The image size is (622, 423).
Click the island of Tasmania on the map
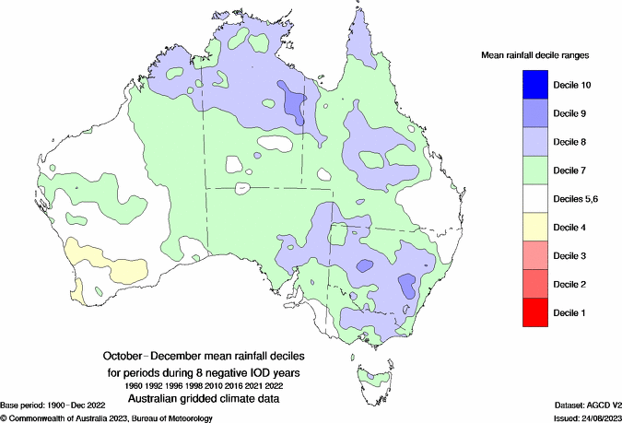pyautogui.click(x=372, y=379)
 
